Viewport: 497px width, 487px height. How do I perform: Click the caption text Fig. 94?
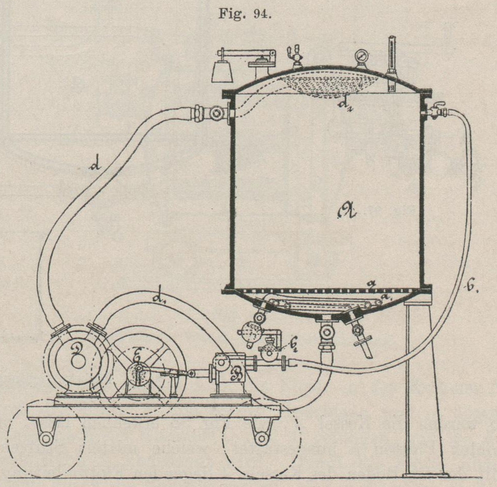248,14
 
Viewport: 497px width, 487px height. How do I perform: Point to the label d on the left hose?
94,165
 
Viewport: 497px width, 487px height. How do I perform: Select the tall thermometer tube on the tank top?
391,59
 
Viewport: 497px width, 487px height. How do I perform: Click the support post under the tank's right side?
419,390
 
